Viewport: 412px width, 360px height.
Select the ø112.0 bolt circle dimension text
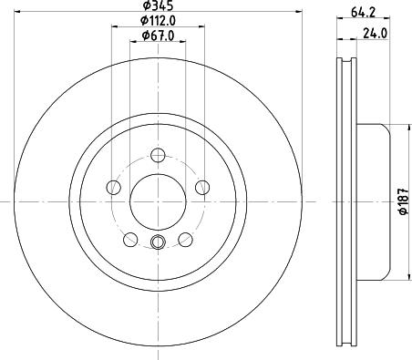pyautogui.click(x=150, y=22)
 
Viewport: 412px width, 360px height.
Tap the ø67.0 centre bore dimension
pyautogui.click(x=150, y=36)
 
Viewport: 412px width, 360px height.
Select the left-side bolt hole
pyautogui.click(x=114, y=187)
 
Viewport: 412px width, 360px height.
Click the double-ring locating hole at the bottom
pyautogui.click(x=158, y=242)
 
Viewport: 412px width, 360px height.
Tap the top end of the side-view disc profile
pyautogui.click(x=346, y=63)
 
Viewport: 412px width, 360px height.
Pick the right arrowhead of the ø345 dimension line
pyautogui.click(x=298, y=13)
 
